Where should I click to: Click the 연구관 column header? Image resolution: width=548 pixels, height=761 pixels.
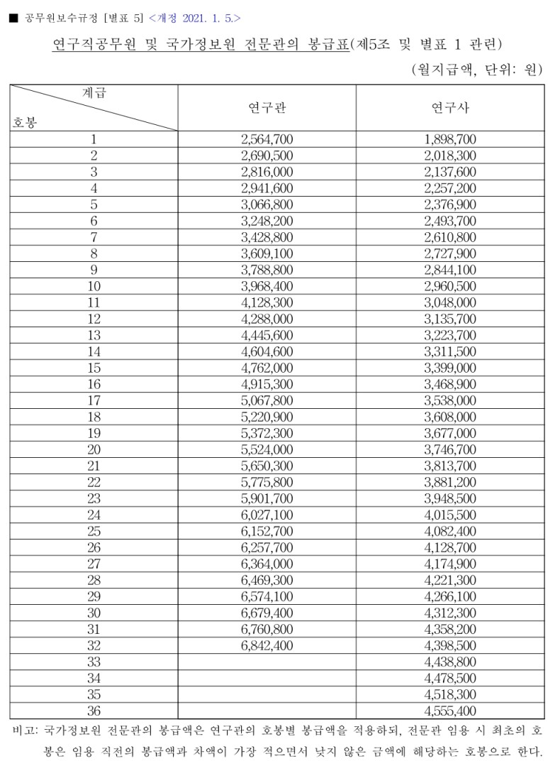(267, 108)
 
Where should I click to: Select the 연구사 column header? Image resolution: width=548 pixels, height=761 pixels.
(450, 108)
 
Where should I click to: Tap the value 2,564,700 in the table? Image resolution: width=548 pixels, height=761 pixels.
(267, 139)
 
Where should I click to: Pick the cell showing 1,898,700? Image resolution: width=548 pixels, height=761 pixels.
(450, 139)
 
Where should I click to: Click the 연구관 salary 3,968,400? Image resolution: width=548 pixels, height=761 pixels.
(267, 286)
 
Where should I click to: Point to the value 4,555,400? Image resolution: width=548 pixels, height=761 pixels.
(450, 711)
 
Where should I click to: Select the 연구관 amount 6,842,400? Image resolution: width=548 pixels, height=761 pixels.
(267, 645)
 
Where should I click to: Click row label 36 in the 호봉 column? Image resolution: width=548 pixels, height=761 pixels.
(94, 711)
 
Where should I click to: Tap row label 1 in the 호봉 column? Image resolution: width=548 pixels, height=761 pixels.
(94, 139)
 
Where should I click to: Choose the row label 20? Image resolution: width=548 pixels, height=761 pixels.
(94, 449)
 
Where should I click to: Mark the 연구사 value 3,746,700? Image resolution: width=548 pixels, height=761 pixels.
(450, 449)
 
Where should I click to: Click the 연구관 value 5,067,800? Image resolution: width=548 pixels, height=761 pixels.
(267, 400)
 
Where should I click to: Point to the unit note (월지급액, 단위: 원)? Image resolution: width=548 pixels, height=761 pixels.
(476, 70)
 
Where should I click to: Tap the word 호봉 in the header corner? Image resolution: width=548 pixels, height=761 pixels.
(25, 122)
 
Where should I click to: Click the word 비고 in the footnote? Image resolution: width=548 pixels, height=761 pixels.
(25, 729)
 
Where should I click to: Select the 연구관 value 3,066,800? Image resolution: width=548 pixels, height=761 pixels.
(267, 204)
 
